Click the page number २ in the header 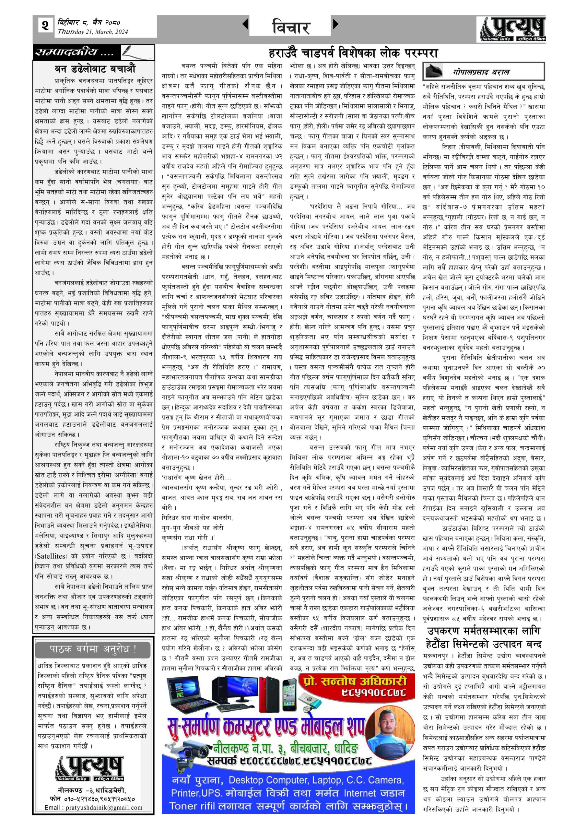(45, 26)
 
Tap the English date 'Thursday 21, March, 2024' (93, 32)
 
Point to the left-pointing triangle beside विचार (245, 24)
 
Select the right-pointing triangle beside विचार (336, 24)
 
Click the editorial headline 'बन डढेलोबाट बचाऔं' (95, 69)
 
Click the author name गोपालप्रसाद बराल (481, 72)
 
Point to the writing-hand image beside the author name (435, 71)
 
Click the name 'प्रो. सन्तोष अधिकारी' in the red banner (356, 682)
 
